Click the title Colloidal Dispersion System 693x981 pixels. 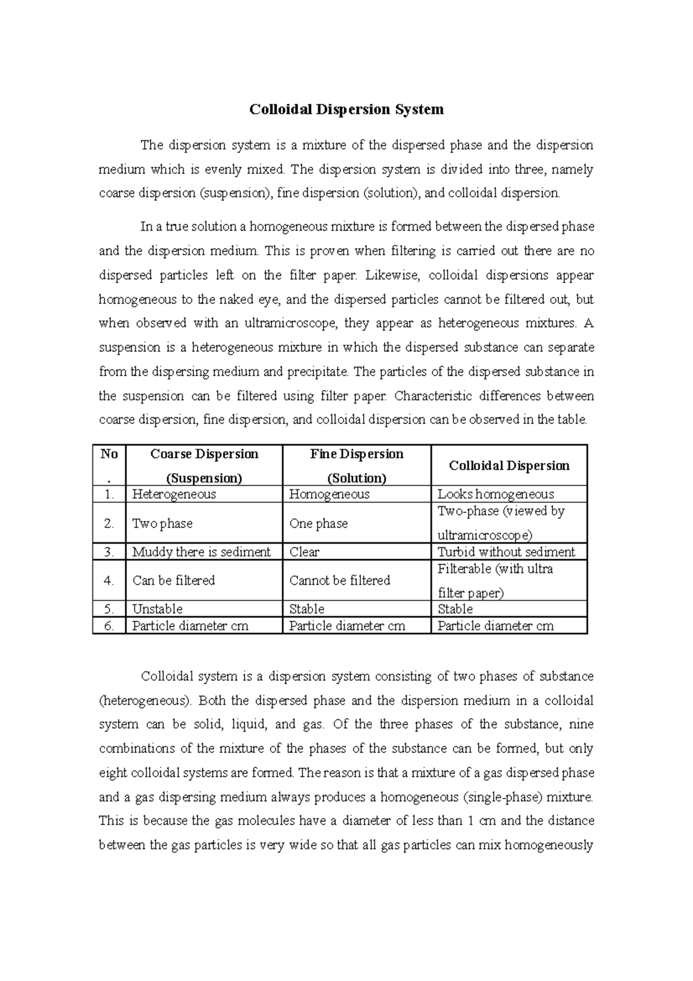(x=346, y=109)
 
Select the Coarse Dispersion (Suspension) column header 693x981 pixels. (x=204, y=466)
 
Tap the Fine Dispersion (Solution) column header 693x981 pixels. (x=356, y=466)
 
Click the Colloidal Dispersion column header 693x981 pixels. (x=509, y=466)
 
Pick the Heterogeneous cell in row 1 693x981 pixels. (x=174, y=494)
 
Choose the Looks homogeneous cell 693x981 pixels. (x=495, y=494)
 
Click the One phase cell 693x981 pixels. (x=318, y=523)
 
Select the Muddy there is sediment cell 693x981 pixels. (x=201, y=552)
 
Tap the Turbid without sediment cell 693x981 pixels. (x=506, y=552)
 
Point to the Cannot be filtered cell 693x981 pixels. (x=340, y=580)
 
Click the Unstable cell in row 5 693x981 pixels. (x=157, y=609)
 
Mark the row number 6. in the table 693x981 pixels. (x=109, y=626)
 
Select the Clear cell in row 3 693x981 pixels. (x=304, y=552)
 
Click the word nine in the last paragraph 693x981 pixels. (x=581, y=724)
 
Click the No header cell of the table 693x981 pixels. (x=109, y=466)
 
